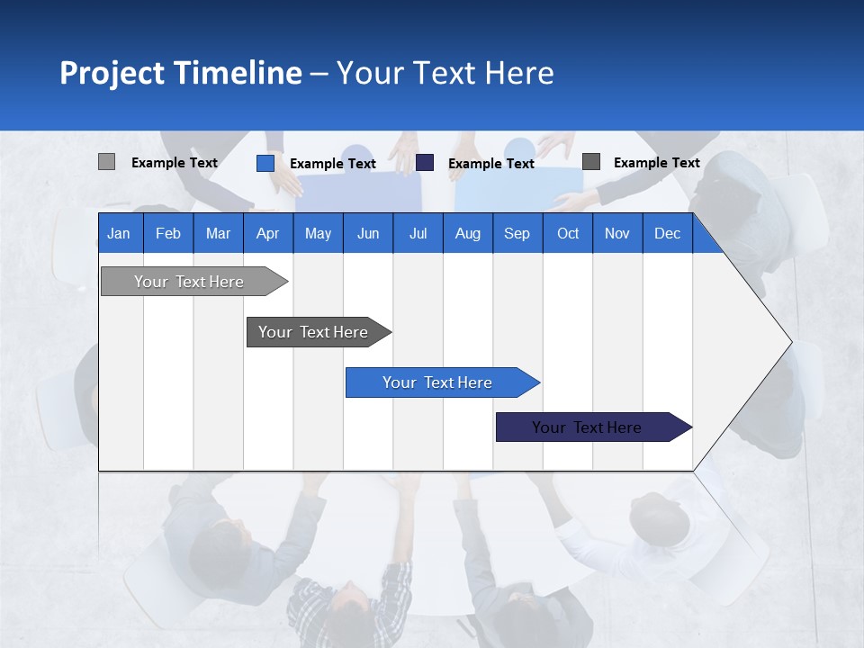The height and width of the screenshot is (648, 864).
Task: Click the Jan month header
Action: (x=119, y=233)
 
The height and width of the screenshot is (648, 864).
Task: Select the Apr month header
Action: (x=267, y=233)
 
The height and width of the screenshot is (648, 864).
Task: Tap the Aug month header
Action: (x=467, y=233)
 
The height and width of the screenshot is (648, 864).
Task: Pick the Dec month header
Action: (x=667, y=233)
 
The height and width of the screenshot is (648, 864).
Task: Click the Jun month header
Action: (x=367, y=233)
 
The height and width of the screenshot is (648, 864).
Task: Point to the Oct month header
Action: (x=567, y=233)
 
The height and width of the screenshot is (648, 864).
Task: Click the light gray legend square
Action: (x=106, y=162)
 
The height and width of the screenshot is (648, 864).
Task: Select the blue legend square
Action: (x=265, y=163)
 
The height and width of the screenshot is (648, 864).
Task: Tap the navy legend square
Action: (x=425, y=162)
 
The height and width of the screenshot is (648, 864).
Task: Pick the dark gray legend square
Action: (x=590, y=161)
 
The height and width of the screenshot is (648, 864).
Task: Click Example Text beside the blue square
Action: (x=332, y=164)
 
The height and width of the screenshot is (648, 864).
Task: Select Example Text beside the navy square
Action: (x=490, y=164)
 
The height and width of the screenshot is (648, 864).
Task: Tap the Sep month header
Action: (x=517, y=233)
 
